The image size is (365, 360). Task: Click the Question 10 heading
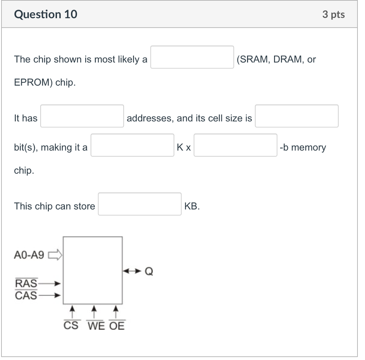tap(46, 15)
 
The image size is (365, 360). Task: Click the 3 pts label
tap(333, 15)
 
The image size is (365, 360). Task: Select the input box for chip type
tap(192, 57)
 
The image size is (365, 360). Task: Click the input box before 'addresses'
tap(82, 116)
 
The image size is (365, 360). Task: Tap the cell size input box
tap(297, 116)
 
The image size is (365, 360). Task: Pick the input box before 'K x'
tap(132, 145)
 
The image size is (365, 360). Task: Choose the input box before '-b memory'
tap(235, 145)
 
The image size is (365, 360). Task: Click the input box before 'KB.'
tap(140, 204)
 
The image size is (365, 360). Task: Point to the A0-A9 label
tap(29, 255)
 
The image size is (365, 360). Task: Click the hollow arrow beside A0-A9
tap(55, 255)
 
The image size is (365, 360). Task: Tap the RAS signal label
tap(26, 284)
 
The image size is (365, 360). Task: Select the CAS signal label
tap(26, 295)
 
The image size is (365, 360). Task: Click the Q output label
tap(149, 272)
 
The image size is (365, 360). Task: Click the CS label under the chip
tap(71, 325)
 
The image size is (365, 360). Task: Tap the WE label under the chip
tap(96, 325)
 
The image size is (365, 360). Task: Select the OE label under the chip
tap(117, 325)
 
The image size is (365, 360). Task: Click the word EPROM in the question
tap(34, 83)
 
